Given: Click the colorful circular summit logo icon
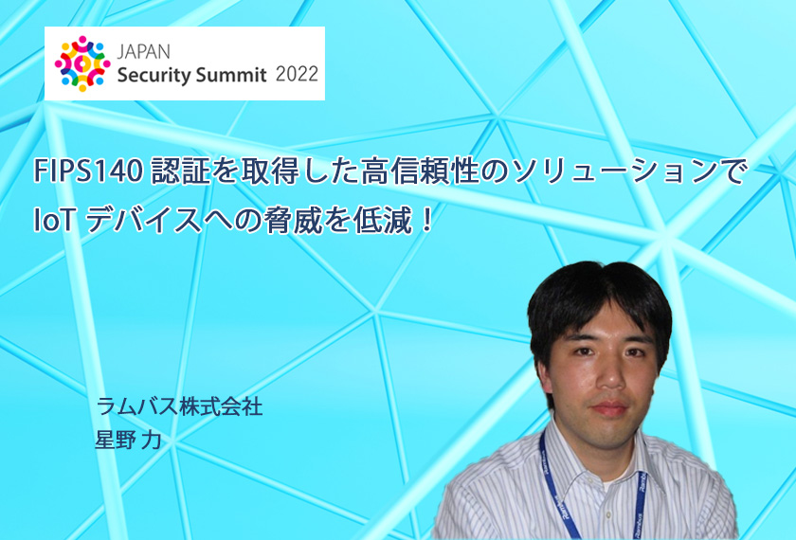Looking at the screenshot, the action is [x=82, y=63].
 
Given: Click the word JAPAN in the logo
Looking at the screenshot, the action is [x=144, y=52].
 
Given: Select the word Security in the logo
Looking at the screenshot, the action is [x=154, y=75].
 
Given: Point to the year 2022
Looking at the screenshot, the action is [x=297, y=74].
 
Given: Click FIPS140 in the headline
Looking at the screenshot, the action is [x=88, y=171].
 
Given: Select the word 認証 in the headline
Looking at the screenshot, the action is [x=180, y=171].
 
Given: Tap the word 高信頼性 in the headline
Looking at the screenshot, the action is [x=420, y=171].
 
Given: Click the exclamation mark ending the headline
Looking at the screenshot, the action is [x=427, y=222].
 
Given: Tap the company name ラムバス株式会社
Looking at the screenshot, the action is [x=180, y=406].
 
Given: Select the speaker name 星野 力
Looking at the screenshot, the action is [x=128, y=440].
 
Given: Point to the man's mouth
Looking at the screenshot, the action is [x=609, y=408].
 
